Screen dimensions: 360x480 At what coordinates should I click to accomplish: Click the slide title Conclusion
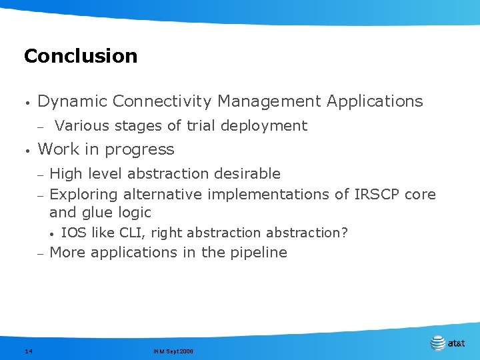(81, 56)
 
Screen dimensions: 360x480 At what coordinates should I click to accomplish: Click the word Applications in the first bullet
(375, 101)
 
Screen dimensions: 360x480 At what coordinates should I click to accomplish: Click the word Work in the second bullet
(57, 149)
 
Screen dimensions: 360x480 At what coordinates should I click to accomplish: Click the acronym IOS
(72, 233)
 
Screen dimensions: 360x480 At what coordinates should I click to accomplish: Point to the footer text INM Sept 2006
(173, 351)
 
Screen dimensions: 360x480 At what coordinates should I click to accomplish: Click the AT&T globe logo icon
(438, 343)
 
